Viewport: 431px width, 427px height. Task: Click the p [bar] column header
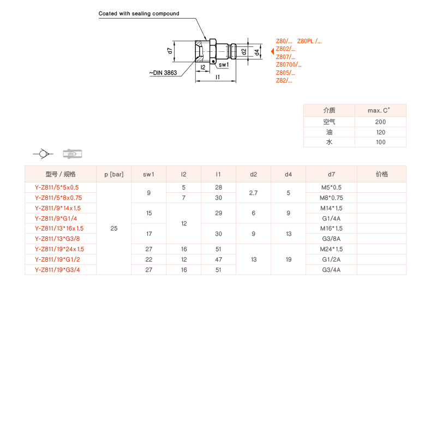(113, 174)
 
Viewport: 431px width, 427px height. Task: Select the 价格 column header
(381, 174)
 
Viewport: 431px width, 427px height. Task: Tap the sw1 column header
(148, 174)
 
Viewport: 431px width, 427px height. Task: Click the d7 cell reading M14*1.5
(331, 208)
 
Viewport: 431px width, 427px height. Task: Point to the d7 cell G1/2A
(331, 259)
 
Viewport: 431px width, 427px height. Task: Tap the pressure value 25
(113, 228)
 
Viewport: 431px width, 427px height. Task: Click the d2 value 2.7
(253, 193)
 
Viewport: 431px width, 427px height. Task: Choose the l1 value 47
(218, 259)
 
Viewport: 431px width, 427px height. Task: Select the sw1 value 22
(148, 259)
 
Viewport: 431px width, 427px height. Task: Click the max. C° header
(380, 110)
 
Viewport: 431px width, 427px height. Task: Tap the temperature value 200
(380, 122)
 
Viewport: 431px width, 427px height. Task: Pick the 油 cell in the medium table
(329, 132)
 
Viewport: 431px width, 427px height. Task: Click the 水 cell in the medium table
(329, 142)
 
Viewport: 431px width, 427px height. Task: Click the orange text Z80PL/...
(309, 41)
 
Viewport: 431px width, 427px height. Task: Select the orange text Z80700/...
(289, 64)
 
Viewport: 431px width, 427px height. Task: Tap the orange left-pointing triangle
(272, 51)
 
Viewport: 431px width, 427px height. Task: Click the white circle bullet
(43, 154)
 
